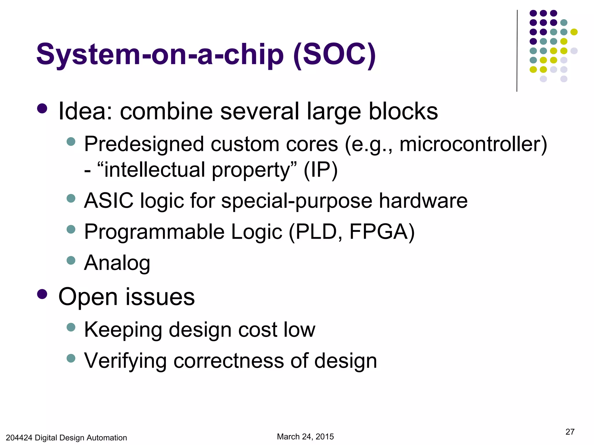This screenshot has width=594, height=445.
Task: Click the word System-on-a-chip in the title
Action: click(160, 55)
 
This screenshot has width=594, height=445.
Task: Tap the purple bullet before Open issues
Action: click(42, 294)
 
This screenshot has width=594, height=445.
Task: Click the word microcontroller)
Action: click(473, 144)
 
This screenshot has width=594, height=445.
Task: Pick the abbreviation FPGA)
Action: click(382, 232)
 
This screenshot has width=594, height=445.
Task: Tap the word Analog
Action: click(117, 263)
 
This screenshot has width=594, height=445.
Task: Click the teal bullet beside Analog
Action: click(71, 260)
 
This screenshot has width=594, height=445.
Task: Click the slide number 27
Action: click(570, 432)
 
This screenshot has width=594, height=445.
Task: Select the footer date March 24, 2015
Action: click(305, 437)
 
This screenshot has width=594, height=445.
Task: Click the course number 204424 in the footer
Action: click(19, 437)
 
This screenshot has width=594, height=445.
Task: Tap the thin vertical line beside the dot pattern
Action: click(517, 51)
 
